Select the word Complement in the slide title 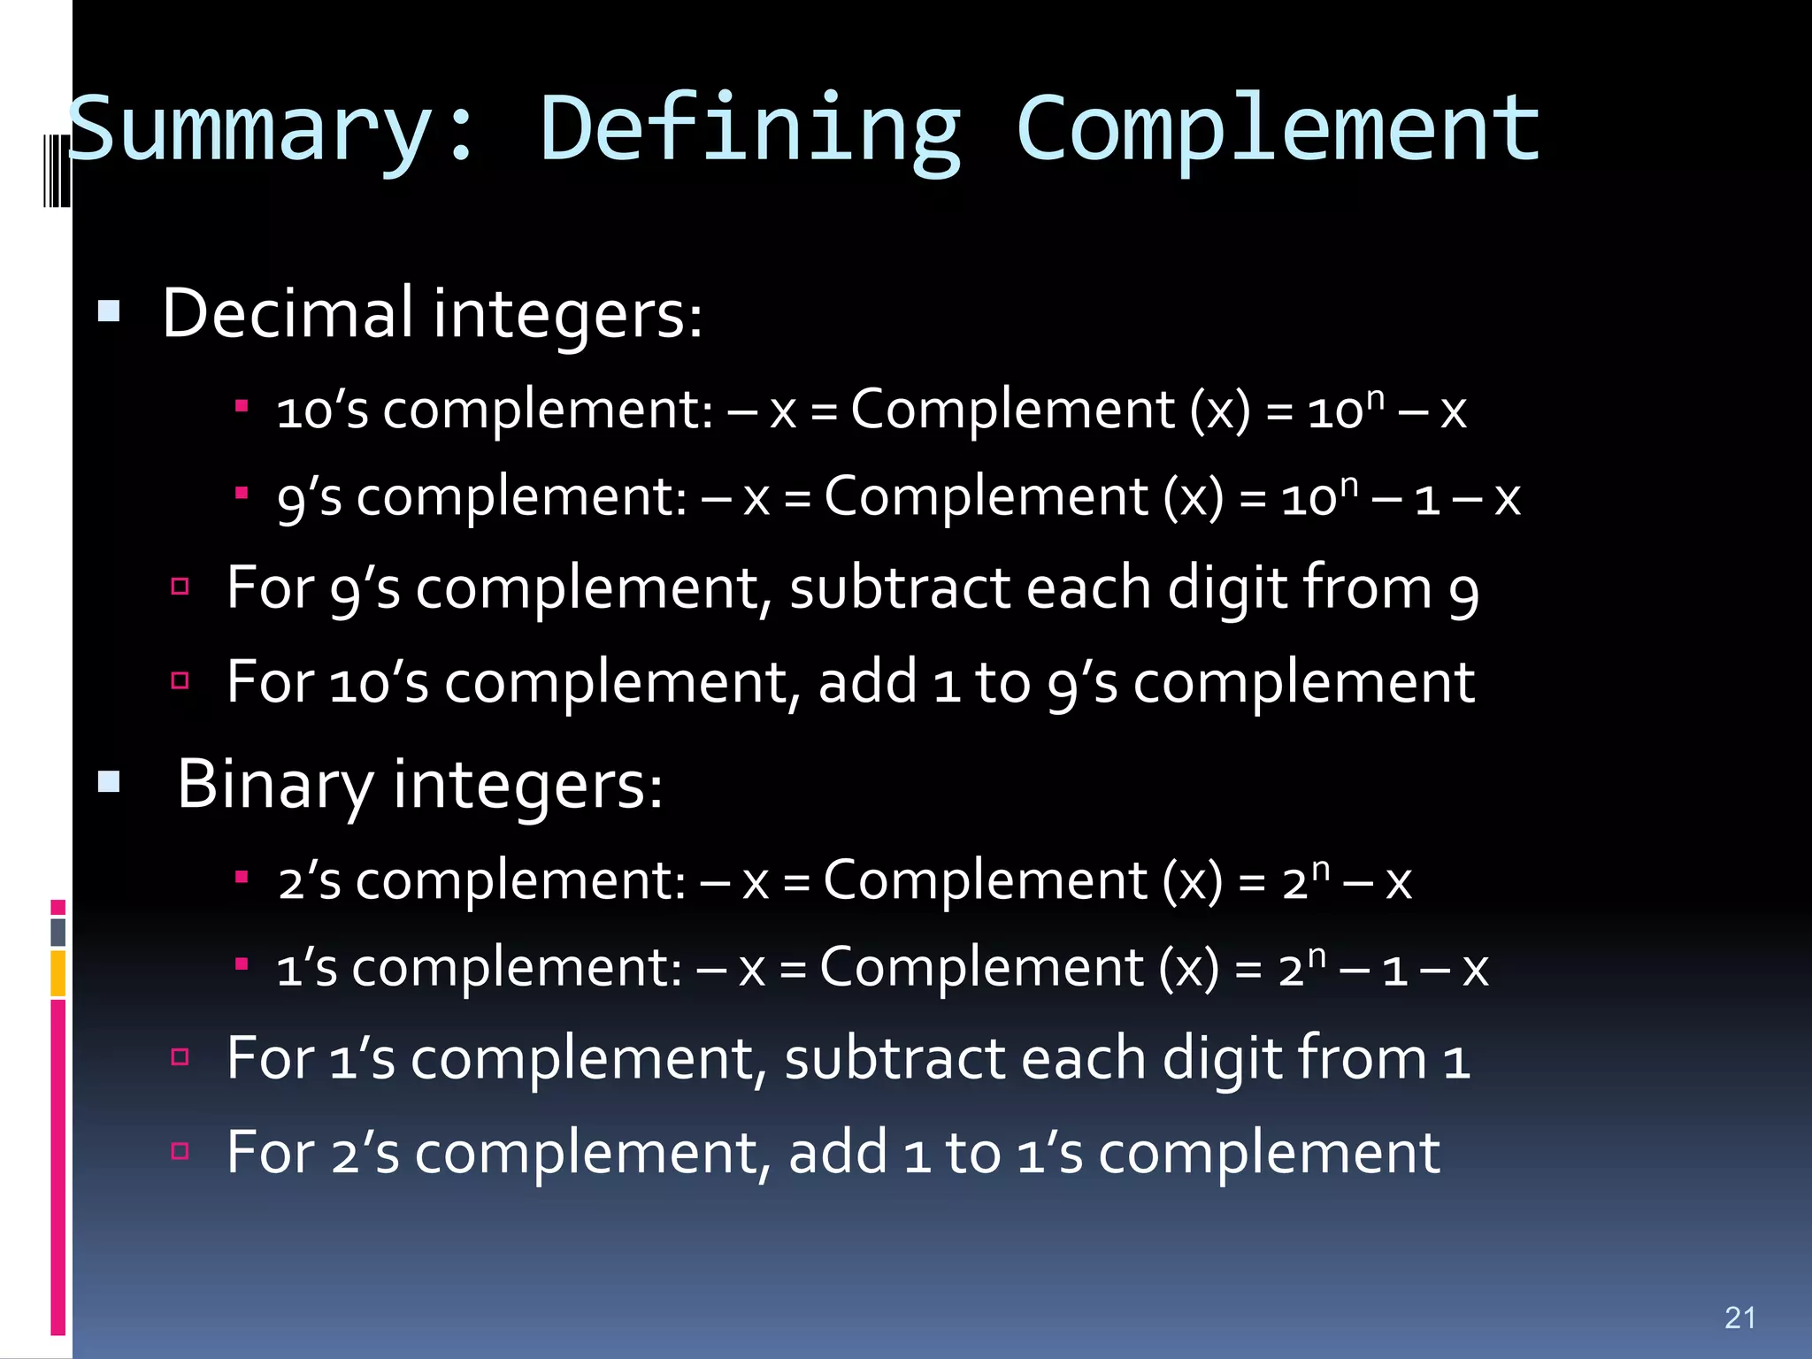click(x=1278, y=131)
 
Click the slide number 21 click(x=1739, y=1317)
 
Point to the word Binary click(x=275, y=785)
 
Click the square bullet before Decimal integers click(x=109, y=311)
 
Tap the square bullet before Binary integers click(x=109, y=782)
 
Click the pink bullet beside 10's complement click(x=241, y=406)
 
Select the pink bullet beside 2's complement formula click(x=241, y=877)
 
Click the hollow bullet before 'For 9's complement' click(x=180, y=586)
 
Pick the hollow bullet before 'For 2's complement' click(x=180, y=1150)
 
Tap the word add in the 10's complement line click(x=867, y=682)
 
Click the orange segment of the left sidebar click(x=58, y=973)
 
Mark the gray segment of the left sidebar click(x=58, y=932)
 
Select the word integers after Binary click(x=527, y=785)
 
